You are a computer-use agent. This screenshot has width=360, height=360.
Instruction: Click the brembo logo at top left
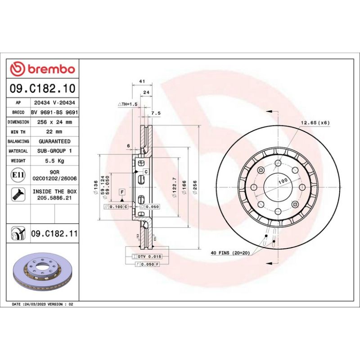pos(43,69)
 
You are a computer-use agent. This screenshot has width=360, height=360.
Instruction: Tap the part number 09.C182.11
pos(54,234)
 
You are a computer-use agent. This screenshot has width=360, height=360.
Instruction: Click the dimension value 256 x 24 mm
pos(54,122)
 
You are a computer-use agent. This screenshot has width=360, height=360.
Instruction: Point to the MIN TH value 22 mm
pos(54,131)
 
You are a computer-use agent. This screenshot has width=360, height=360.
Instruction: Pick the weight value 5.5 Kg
pos(54,160)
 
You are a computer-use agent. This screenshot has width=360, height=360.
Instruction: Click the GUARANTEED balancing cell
pos(54,141)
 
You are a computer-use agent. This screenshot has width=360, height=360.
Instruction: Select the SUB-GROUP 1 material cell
pos(54,151)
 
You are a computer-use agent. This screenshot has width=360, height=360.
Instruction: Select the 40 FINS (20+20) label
pos(229,253)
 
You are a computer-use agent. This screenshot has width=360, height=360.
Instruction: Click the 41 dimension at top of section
pos(142,81)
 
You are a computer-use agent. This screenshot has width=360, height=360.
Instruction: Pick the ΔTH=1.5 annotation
pos(127,104)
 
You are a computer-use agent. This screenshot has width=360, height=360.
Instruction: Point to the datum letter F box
pos(121,192)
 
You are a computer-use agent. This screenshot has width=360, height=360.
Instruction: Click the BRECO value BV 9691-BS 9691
pos(54,112)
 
